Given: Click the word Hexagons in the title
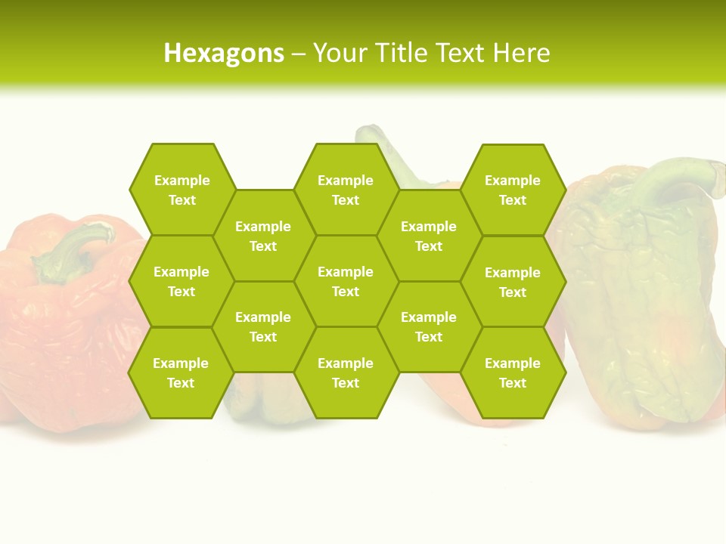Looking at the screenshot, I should [x=224, y=53].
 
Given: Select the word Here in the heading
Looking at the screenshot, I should [x=521, y=53].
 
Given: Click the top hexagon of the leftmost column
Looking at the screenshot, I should [x=181, y=190].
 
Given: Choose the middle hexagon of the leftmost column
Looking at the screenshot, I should [x=181, y=281].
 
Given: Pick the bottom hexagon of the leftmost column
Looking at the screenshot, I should [x=181, y=372].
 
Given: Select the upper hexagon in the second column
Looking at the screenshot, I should [x=263, y=236].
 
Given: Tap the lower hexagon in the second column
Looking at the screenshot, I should [x=263, y=326].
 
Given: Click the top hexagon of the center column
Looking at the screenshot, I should [x=346, y=190].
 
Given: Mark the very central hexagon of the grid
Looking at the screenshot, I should [x=346, y=281].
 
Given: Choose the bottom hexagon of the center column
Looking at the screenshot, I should [x=346, y=372].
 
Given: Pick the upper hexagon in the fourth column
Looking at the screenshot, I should [x=429, y=236].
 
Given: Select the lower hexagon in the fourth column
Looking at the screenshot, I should [x=429, y=326].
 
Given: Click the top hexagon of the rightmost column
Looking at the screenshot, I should [x=513, y=190].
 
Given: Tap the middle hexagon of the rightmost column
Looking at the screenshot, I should [x=513, y=282].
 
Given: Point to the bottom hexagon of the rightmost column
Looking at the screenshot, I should [x=513, y=372].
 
